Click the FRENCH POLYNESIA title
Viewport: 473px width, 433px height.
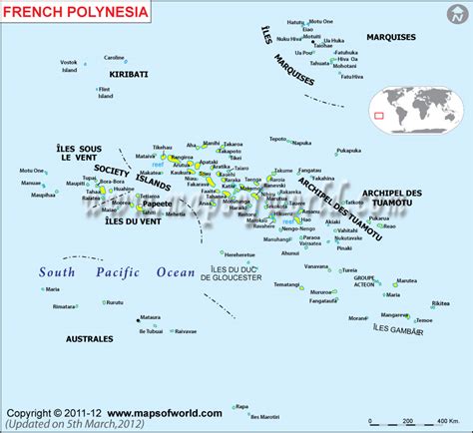tap(68, 15)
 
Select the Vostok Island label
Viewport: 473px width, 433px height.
tap(69, 66)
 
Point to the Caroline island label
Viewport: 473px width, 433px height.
tap(115, 58)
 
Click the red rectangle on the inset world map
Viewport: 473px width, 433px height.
tap(378, 116)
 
